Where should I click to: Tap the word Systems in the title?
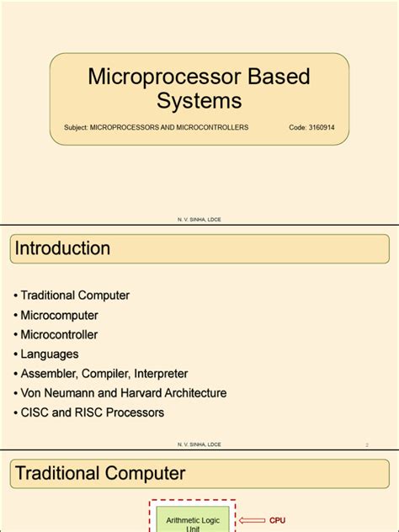click(x=199, y=101)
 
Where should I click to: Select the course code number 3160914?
click(x=323, y=128)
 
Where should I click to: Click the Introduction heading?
click(x=62, y=248)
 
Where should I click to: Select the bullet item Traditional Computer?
click(x=75, y=295)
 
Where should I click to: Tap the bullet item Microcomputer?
click(x=59, y=315)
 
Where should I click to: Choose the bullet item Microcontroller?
click(x=59, y=334)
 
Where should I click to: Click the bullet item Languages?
click(x=50, y=354)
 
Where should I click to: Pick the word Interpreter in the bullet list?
click(x=158, y=374)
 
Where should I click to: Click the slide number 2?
click(x=368, y=444)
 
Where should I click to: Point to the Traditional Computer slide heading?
click(x=100, y=473)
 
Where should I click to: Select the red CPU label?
click(x=278, y=521)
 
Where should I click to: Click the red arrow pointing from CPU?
click(x=252, y=521)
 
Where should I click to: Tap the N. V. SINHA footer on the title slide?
click(x=199, y=219)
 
